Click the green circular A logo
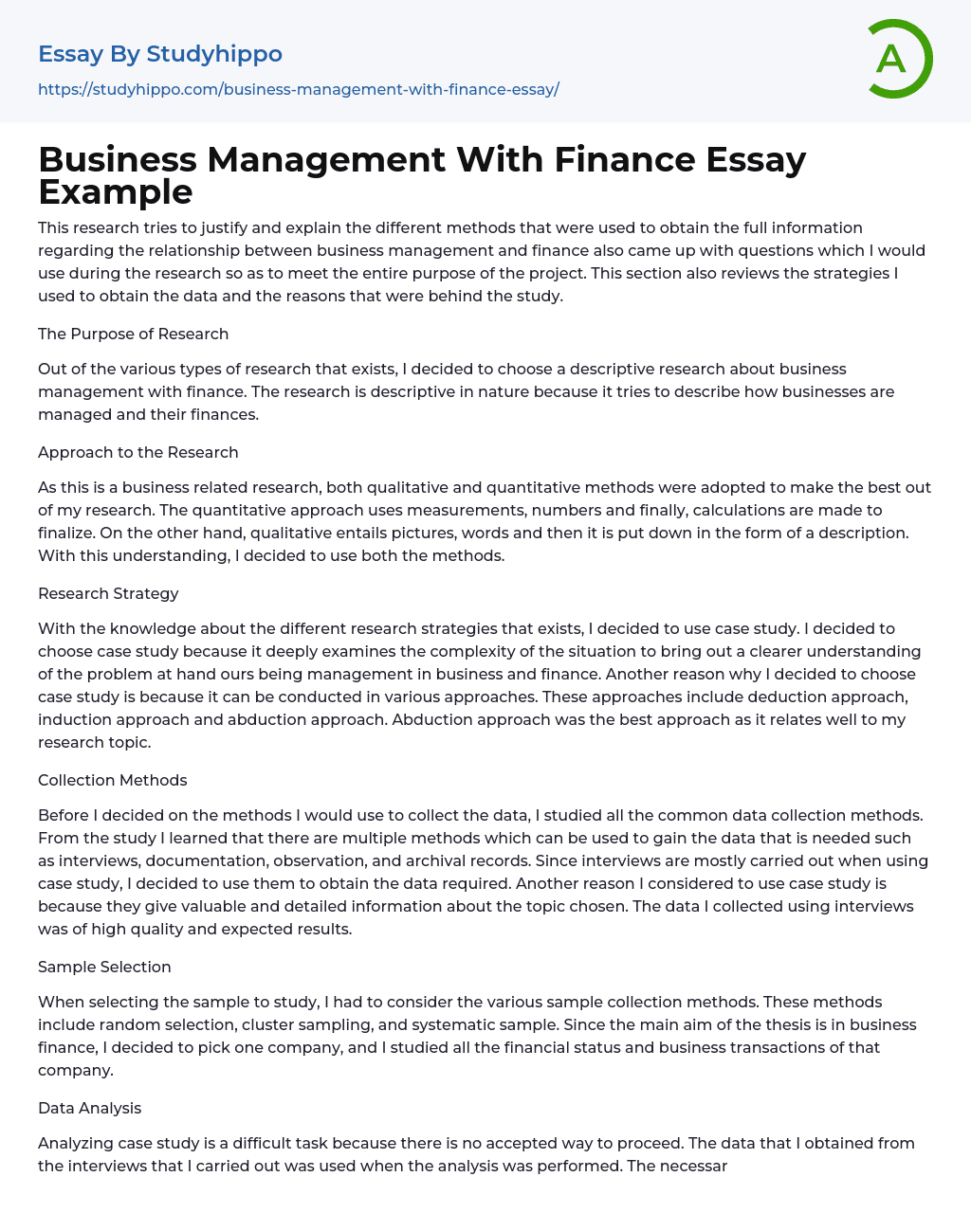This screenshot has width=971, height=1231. [897, 59]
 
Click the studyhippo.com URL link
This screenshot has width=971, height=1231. [298, 89]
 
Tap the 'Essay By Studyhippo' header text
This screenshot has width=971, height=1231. [160, 54]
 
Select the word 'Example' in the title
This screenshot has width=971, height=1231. [116, 192]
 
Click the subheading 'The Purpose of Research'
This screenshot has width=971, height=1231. [133, 334]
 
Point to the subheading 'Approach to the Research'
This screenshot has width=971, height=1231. [137, 452]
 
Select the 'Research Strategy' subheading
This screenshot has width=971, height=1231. [108, 593]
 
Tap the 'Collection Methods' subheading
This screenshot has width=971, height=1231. [112, 780]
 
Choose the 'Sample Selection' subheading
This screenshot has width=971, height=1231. [104, 967]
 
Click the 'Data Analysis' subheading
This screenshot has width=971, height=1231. [89, 1108]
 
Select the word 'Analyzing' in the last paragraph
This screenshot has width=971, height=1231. [74, 1143]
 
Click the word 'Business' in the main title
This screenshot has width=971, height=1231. [118, 160]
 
